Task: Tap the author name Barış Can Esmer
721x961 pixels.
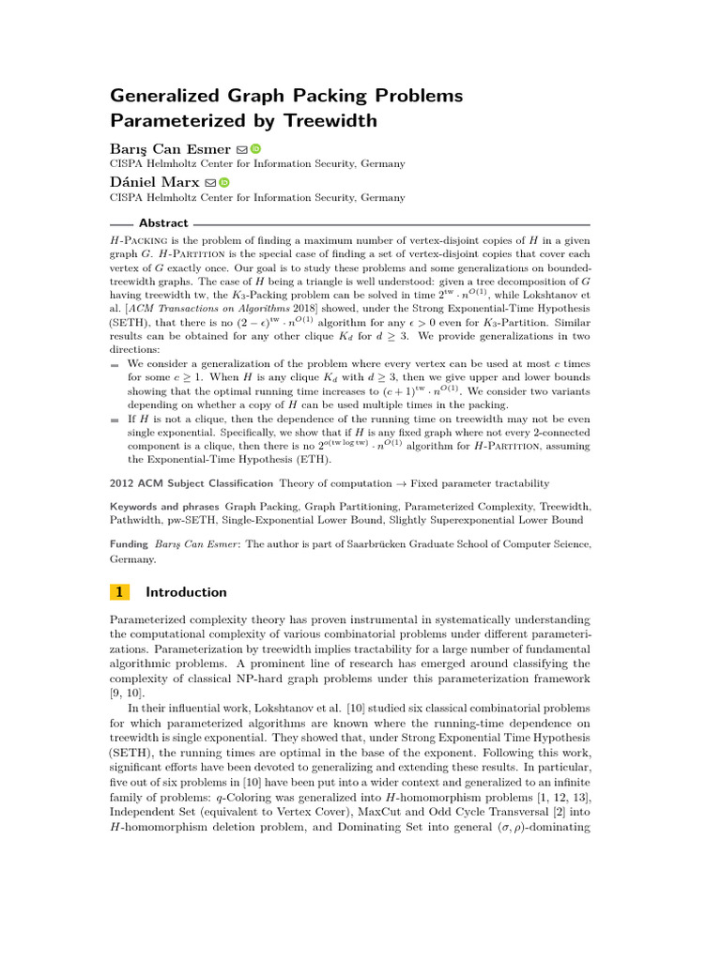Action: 170,148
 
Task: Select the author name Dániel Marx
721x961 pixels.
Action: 154,182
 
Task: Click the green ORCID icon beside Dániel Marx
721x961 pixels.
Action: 224,182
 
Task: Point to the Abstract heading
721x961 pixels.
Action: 163,223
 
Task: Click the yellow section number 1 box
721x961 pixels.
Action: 119,592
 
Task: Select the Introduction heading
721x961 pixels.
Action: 187,592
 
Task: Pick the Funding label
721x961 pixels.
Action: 130,543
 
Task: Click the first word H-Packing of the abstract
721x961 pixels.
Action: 137,241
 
